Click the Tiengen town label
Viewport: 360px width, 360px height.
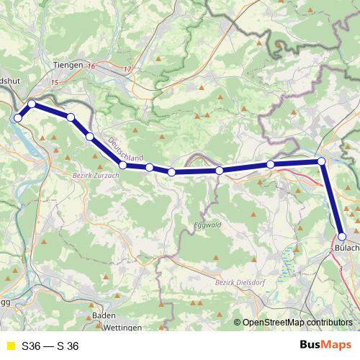point(68,64)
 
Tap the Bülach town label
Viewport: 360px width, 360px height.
point(346,248)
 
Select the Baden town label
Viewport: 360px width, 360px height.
point(104,315)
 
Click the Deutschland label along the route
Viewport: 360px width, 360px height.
point(125,148)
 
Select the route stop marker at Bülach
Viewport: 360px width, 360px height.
point(342,236)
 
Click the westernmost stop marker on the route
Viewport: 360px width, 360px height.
point(18,118)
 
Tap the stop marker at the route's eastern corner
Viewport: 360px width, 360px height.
point(322,161)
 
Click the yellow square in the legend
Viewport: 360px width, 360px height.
point(10,346)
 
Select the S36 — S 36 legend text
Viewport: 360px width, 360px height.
point(50,346)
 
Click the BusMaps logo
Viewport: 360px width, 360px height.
point(321,346)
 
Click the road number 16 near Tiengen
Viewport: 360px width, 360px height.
point(91,66)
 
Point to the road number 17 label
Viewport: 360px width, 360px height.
point(128,69)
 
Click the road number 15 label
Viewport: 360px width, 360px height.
point(54,83)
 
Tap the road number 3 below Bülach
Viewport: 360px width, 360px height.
point(340,269)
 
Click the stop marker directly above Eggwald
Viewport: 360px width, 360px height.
point(219,171)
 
